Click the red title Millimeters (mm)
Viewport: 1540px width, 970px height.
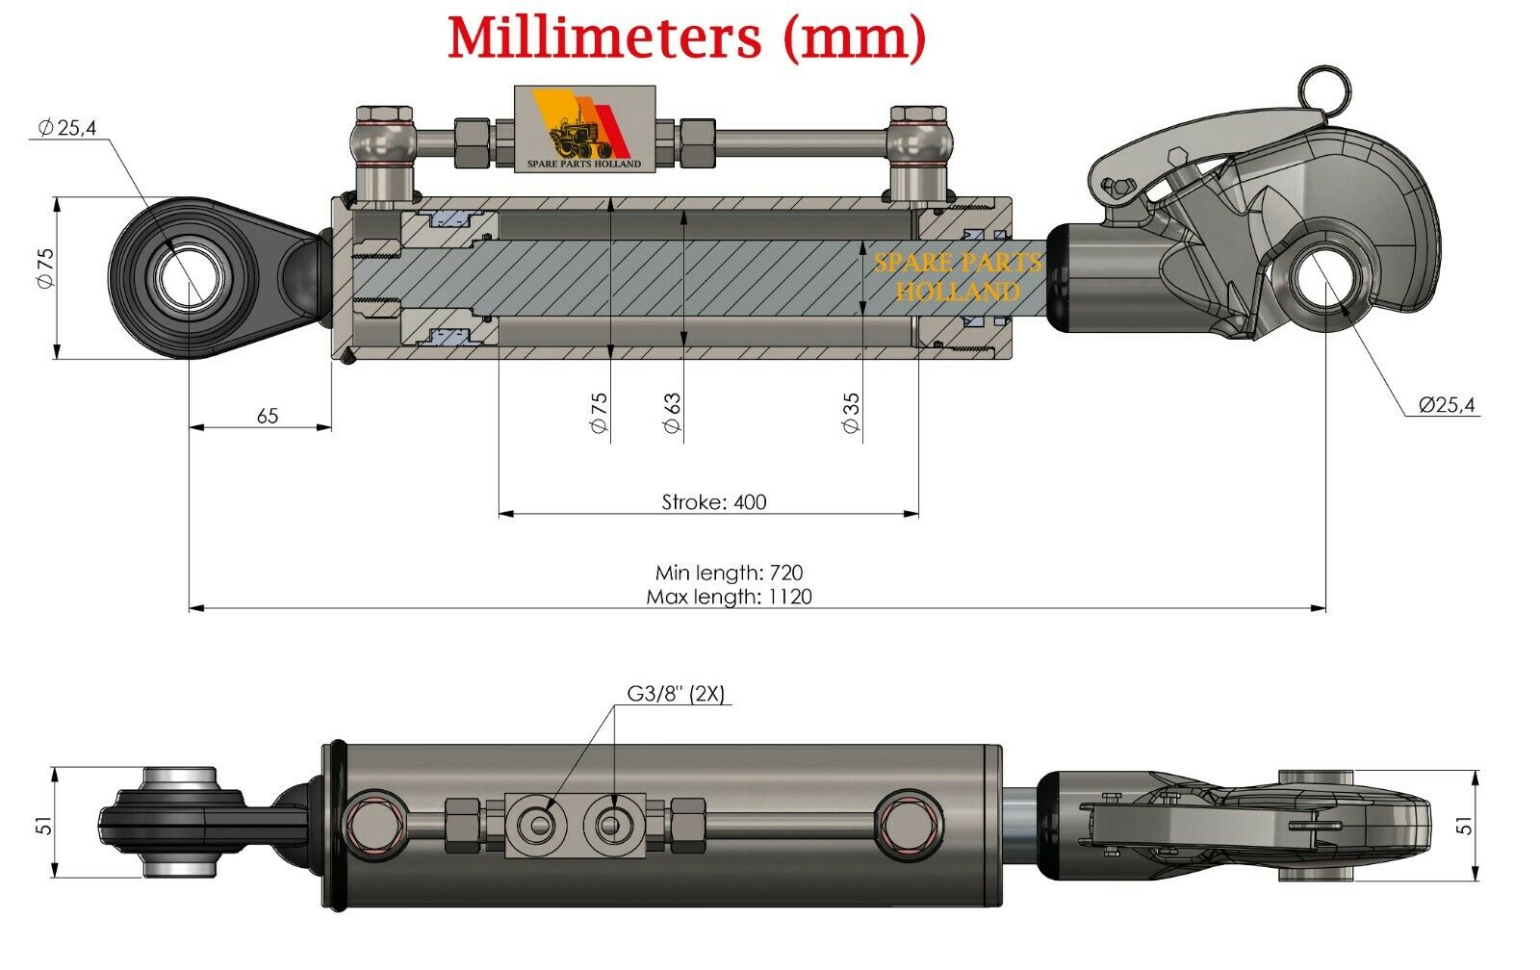coord(686,38)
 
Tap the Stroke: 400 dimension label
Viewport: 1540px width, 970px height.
coord(714,501)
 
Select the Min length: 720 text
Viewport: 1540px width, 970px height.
coord(729,573)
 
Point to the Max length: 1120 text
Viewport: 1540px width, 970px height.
coord(729,597)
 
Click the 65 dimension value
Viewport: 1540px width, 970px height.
coord(268,416)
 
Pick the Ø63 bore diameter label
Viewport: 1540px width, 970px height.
coord(673,412)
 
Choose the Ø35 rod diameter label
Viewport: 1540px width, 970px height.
coord(851,412)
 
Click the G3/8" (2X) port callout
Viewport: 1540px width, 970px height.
coord(675,694)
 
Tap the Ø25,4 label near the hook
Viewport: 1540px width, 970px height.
coord(1446,405)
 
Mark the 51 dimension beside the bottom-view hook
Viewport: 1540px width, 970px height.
coord(1464,826)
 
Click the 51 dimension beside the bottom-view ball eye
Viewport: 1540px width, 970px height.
coord(43,826)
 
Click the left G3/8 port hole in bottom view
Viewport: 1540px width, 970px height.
coord(537,824)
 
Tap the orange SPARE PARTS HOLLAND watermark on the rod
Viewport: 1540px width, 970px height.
coord(957,277)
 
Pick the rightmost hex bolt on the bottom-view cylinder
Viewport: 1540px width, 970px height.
coord(904,820)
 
